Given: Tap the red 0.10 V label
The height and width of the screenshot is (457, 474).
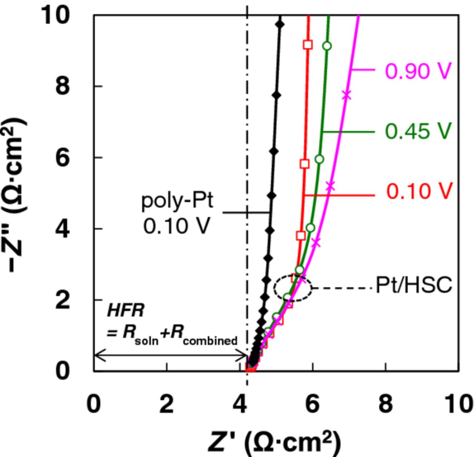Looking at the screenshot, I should [x=419, y=191].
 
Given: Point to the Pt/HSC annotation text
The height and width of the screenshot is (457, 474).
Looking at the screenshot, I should [x=414, y=285].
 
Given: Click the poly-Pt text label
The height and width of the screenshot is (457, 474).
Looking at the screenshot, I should [x=177, y=201].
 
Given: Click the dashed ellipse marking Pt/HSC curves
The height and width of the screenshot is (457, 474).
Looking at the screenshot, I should [x=293, y=288].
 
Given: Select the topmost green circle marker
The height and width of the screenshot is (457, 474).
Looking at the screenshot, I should [x=327, y=46].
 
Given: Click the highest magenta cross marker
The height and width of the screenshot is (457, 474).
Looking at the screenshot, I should [x=346, y=95].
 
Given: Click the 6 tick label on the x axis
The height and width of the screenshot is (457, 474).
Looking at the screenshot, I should [x=312, y=404].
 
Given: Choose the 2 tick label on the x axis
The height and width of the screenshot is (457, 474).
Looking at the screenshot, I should [x=167, y=404].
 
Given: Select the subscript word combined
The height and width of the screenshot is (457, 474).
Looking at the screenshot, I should [x=210, y=340].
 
